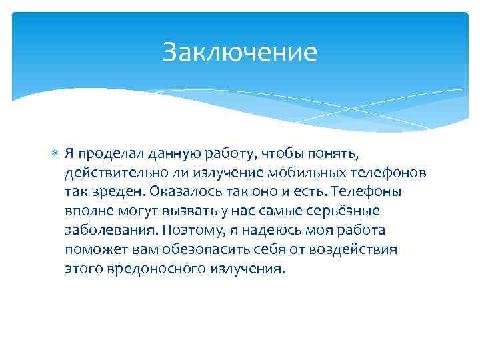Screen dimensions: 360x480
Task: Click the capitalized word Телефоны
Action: click(363, 192)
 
